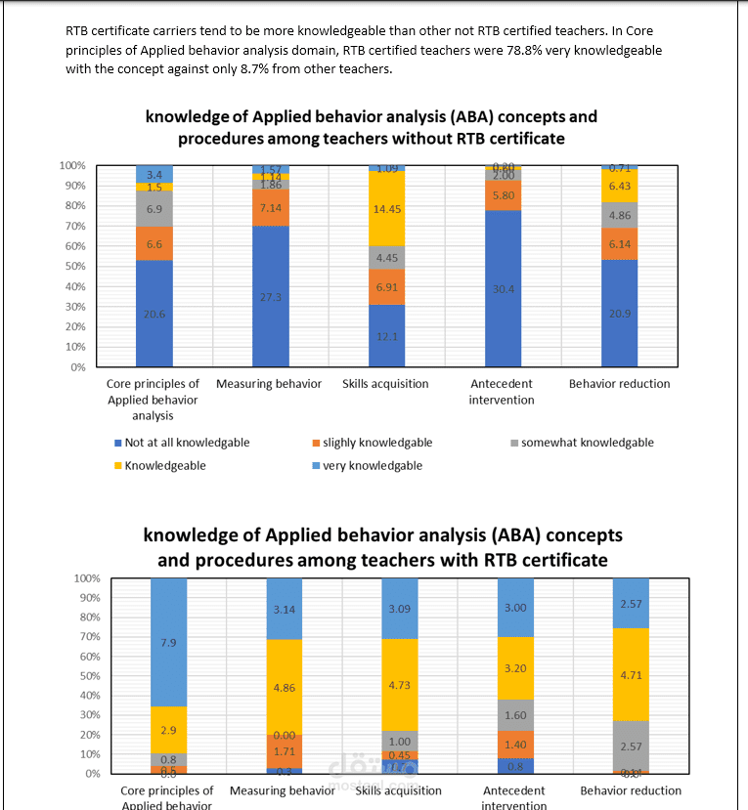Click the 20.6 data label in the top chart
tap(154, 314)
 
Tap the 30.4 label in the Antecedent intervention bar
tap(504, 288)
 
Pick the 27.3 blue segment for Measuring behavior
tap(271, 296)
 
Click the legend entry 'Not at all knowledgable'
tap(181, 443)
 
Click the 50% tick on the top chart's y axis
tap(75, 266)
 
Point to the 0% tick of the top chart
tap(78, 367)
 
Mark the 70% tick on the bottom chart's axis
tap(88, 637)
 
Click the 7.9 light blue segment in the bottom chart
tap(168, 642)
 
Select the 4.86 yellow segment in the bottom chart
tap(284, 687)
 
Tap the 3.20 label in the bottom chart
tap(515, 669)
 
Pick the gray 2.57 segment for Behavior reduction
tap(631, 746)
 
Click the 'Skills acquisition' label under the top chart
tap(386, 384)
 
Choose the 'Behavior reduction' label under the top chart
tap(620, 384)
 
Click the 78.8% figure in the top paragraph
tap(523, 49)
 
